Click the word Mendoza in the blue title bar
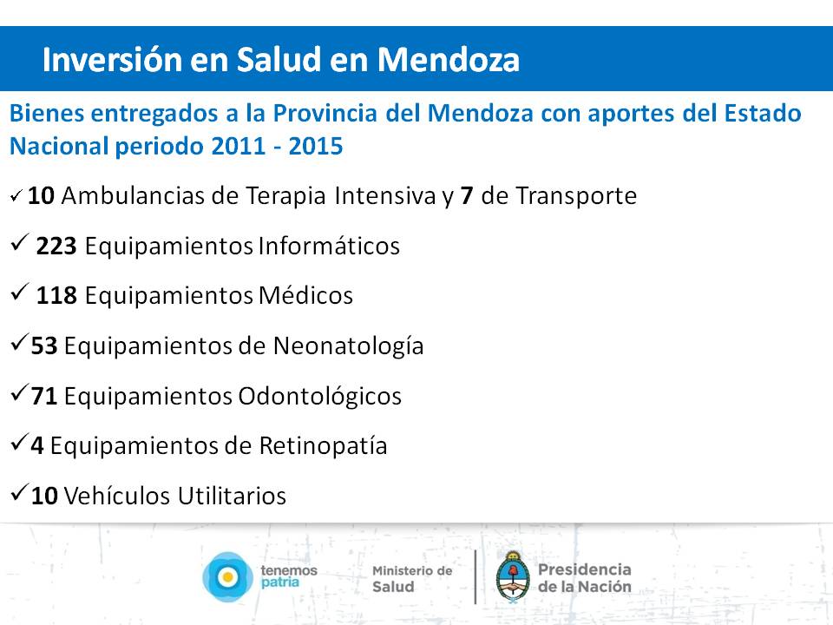[449, 59]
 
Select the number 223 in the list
[56, 246]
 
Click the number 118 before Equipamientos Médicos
[56, 295]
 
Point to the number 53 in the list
[44, 346]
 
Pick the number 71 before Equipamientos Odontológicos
[44, 396]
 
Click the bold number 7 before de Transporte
[467, 195]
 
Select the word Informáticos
[329, 246]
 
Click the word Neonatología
[349, 346]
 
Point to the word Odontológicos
[320, 397]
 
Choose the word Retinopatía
[323, 446]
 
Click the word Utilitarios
[232, 496]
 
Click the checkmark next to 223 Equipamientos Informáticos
[19, 242]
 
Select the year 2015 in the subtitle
[316, 146]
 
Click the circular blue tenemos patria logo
[227, 577]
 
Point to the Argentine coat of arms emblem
[513, 577]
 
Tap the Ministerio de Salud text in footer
[412, 579]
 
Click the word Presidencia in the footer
[584, 569]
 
